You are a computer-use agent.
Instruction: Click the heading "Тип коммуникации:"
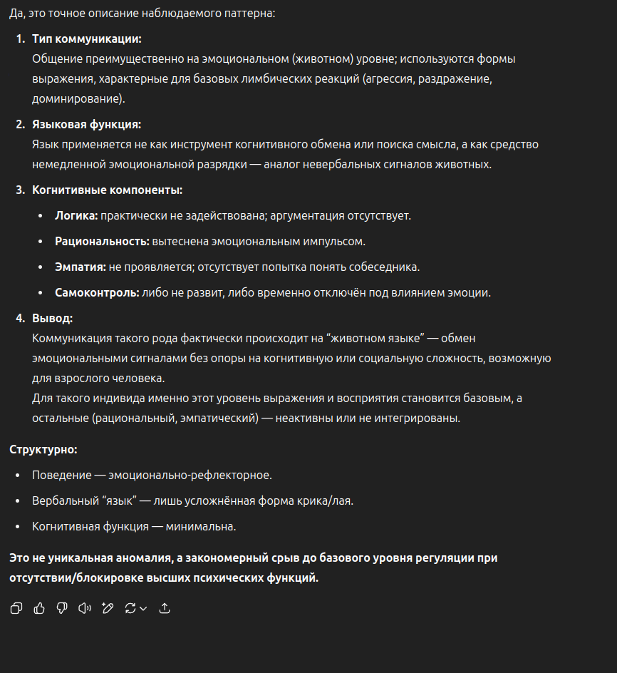[x=87, y=38]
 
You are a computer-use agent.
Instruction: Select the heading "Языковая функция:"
[x=86, y=124]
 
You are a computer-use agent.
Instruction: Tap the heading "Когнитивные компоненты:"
[x=107, y=190]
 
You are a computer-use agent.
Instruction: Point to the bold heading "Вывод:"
[x=52, y=318]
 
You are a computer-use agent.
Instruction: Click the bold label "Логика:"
[x=76, y=215]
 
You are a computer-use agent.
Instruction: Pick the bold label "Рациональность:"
[x=102, y=241]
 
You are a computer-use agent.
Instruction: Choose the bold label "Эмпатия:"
[x=80, y=267]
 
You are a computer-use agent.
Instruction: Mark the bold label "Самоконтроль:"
[x=97, y=292]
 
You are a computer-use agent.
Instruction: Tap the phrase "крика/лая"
[x=326, y=500]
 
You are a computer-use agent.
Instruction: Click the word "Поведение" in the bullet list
[x=61, y=475]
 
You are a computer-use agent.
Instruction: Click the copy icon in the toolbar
[x=16, y=608]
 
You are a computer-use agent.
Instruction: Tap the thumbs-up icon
[x=39, y=608]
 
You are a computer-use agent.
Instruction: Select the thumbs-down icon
[x=62, y=608]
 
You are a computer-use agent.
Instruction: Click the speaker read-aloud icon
[x=85, y=608]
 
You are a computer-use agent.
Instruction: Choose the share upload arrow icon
[x=165, y=608]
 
